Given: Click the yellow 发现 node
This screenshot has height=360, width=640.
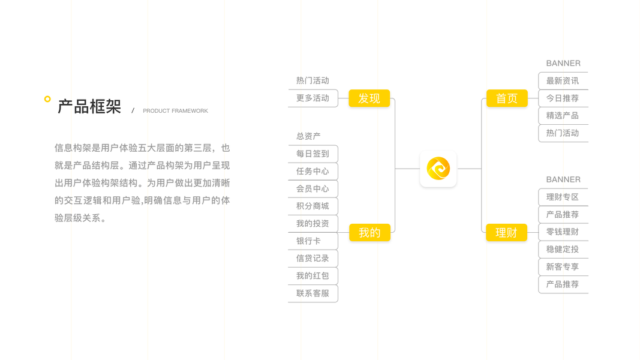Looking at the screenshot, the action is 369,98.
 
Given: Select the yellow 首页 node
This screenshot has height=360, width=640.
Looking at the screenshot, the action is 506,98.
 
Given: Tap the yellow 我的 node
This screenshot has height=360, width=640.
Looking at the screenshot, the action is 369,233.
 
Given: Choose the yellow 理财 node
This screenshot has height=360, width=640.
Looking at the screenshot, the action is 506,233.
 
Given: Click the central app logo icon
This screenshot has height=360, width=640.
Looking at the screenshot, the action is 438,169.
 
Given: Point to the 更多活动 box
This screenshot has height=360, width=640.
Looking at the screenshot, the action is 313,98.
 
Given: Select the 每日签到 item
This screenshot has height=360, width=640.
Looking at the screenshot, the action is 313,154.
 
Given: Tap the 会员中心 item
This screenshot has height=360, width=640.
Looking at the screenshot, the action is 313,188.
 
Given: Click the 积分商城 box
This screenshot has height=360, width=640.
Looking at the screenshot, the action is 313,206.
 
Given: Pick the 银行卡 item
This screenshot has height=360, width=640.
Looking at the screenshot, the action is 308,241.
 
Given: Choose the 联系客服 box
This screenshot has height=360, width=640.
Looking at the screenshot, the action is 313,293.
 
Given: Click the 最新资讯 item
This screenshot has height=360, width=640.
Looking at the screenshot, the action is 563,81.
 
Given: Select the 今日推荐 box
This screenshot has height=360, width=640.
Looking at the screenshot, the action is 563,98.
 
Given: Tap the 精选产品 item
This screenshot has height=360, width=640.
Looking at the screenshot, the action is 563,115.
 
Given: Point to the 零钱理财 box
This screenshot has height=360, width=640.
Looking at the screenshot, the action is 563,232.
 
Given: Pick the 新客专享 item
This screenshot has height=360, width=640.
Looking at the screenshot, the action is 563,266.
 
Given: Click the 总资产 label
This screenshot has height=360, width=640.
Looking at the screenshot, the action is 308,136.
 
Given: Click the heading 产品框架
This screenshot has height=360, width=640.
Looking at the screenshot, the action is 89,107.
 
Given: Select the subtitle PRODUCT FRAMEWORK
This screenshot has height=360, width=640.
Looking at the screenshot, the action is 175,111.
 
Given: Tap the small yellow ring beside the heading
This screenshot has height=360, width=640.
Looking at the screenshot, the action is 47,99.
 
